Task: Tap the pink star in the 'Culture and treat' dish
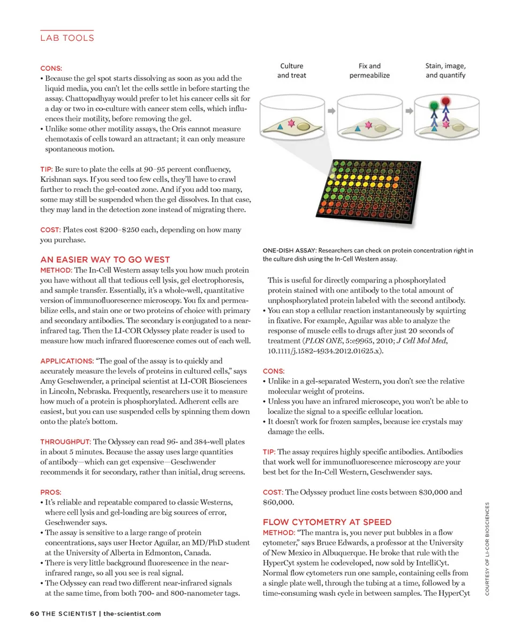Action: pyautogui.click(x=292, y=124)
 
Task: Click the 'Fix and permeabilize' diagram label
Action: pyautogui.click(x=369, y=71)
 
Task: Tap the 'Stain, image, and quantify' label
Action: pyautogui.click(x=445, y=71)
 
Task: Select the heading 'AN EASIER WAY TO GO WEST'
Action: pyautogui.click(x=105, y=260)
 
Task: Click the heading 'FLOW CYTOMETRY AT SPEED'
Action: pyautogui.click(x=327, y=522)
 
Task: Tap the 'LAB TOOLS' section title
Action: pyautogui.click(x=67, y=38)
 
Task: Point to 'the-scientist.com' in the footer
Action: pyautogui.click(x=132, y=613)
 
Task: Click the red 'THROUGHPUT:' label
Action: pyautogui.click(x=65, y=441)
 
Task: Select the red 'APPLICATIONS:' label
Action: pyautogui.click(x=67, y=361)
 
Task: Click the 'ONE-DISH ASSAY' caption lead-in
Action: pyautogui.click(x=289, y=250)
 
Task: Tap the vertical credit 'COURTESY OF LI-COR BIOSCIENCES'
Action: pyautogui.click(x=487, y=547)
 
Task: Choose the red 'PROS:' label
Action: pyautogui.click(x=51, y=491)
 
